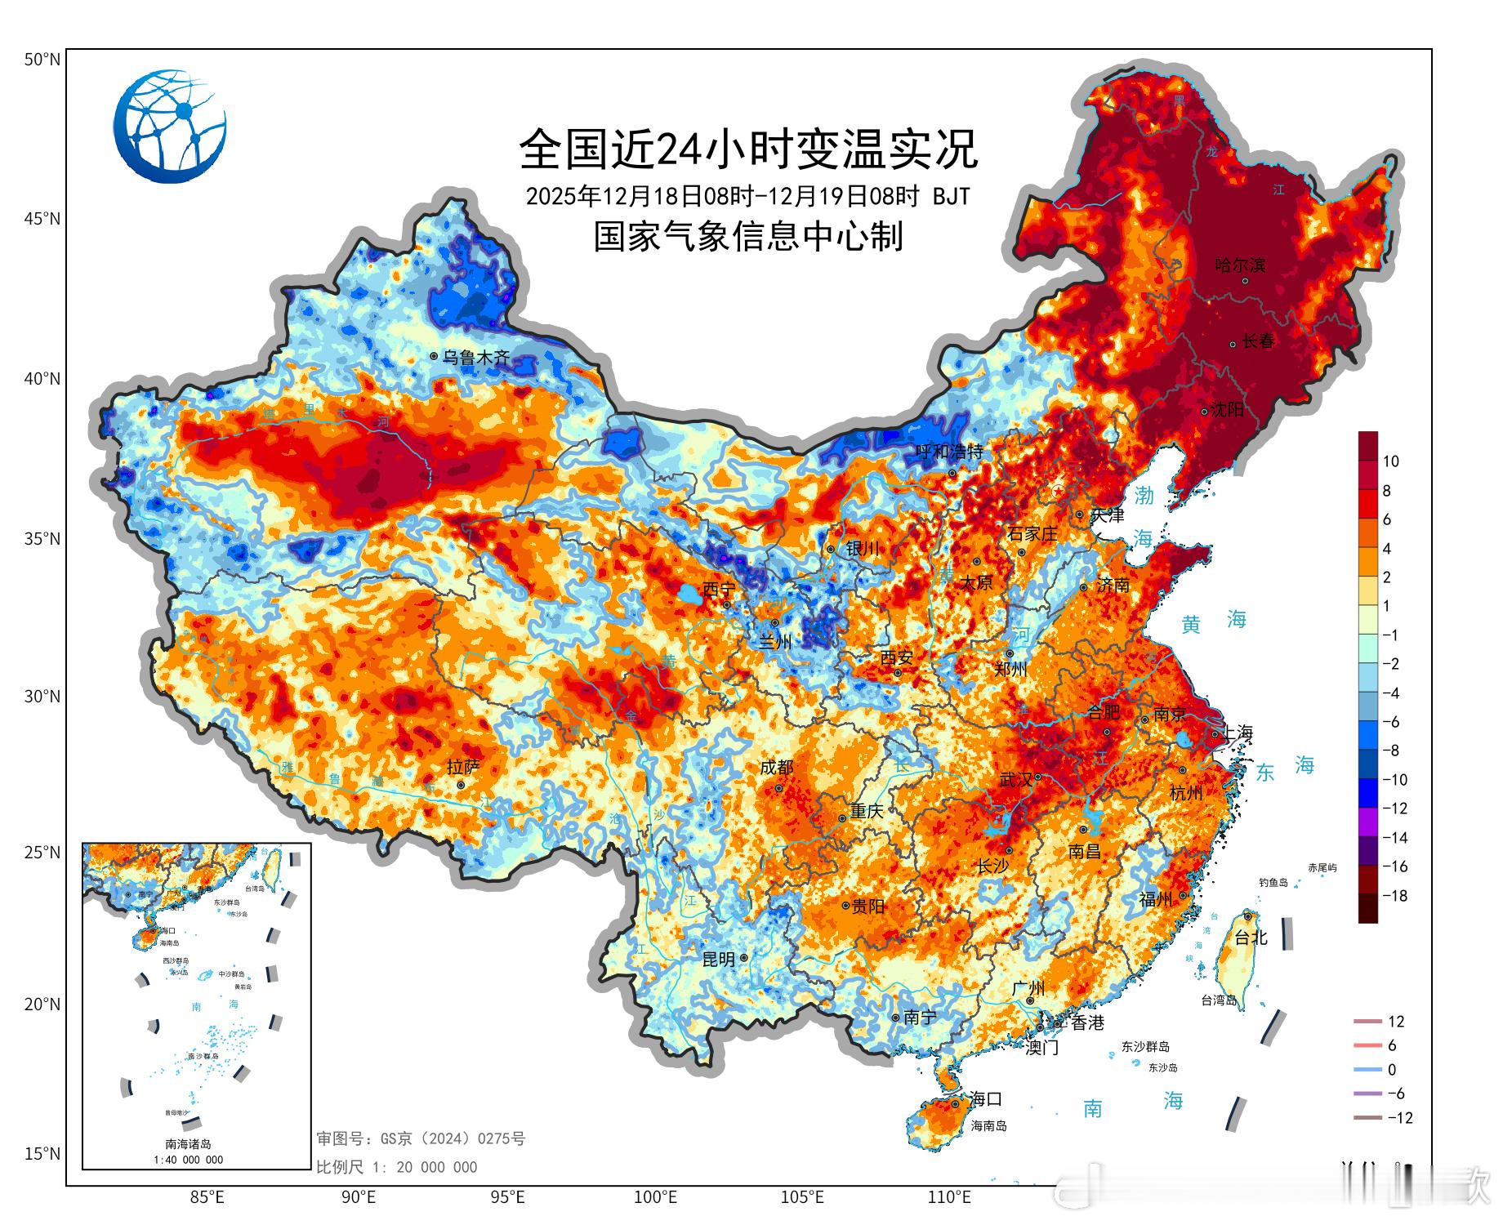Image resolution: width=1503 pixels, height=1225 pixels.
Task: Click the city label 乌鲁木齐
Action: tap(476, 357)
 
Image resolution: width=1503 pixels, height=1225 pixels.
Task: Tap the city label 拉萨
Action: tap(463, 767)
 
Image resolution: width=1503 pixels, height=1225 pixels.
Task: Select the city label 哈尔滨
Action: tap(1240, 265)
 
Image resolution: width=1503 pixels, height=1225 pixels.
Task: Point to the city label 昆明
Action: tap(719, 960)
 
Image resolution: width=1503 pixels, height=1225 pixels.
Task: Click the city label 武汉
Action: tap(1016, 779)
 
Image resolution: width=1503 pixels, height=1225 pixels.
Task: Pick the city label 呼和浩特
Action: tap(949, 452)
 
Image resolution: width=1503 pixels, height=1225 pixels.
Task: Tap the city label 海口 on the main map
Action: tap(986, 1098)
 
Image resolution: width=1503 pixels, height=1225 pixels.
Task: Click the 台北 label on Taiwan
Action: tap(1251, 938)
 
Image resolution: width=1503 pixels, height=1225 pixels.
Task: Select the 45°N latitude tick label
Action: tap(42, 219)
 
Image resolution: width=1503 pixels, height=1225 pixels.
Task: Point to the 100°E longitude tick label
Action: tap(656, 1197)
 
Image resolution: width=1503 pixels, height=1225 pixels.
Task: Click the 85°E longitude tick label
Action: tap(207, 1197)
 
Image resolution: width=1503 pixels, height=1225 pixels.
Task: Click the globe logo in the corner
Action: tap(170, 126)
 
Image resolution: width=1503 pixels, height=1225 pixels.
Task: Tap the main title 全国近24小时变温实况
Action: tap(748, 149)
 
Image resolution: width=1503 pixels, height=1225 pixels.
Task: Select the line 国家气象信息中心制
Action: tap(748, 237)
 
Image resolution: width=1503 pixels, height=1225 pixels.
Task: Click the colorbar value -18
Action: tap(1395, 895)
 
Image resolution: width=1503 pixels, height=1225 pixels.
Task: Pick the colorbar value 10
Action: tap(1390, 461)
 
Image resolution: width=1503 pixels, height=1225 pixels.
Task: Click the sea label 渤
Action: tap(1144, 495)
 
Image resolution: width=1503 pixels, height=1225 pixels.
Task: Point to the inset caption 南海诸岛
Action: tap(188, 1144)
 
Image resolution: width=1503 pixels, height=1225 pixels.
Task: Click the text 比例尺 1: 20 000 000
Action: tap(396, 1167)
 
